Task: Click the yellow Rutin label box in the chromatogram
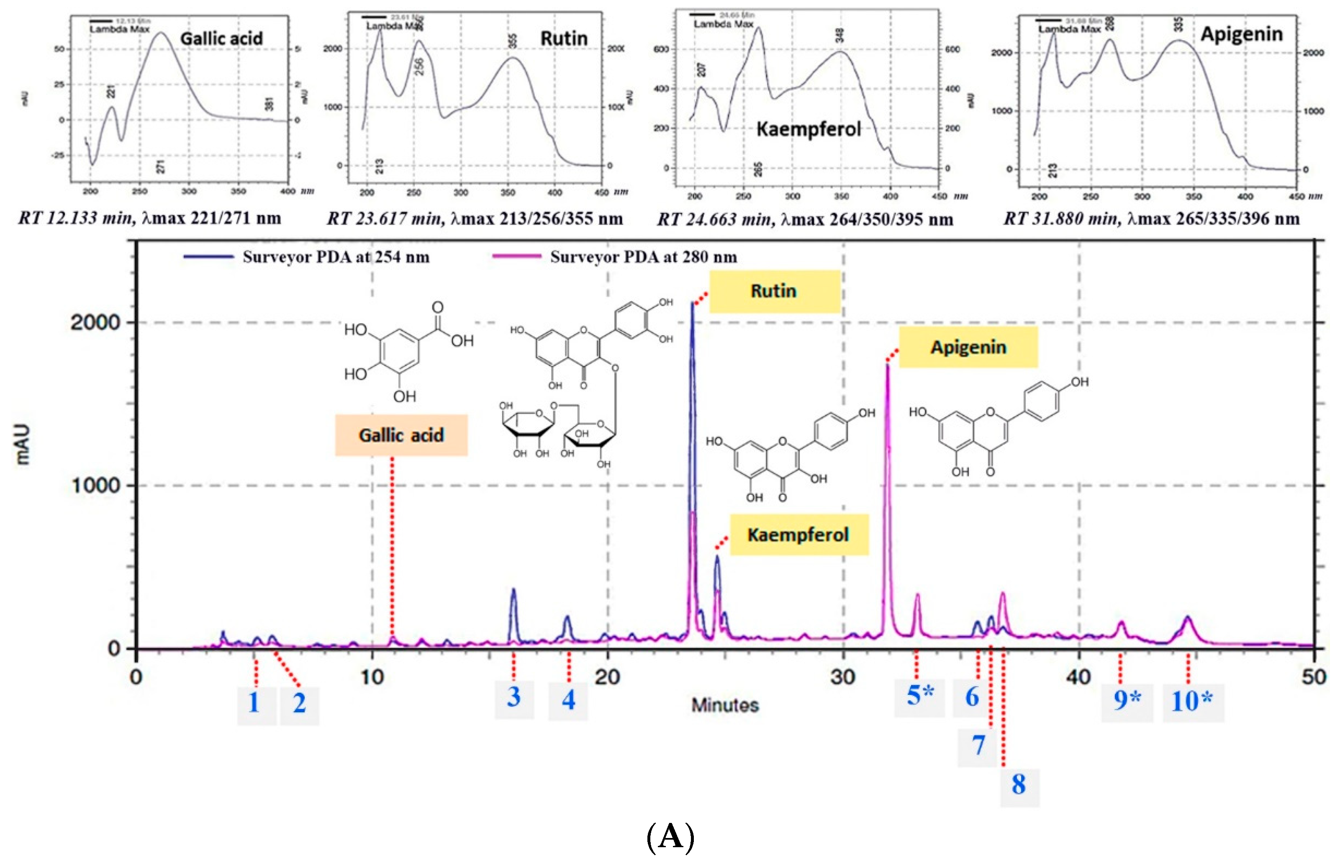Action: tap(775, 291)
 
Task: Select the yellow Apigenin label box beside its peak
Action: tap(968, 347)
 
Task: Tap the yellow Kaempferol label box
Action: tap(799, 535)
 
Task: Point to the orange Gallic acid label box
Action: tap(401, 435)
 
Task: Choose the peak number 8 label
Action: tap(1019, 785)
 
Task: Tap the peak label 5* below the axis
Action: tap(919, 696)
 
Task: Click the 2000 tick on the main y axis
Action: tap(95, 323)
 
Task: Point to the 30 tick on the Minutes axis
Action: tap(843, 677)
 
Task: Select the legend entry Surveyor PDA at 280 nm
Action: tap(643, 257)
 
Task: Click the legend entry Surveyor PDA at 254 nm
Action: tap(336, 257)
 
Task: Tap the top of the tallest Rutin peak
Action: tap(692, 303)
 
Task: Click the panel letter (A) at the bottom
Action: tap(670, 837)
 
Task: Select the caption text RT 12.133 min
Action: tap(76, 218)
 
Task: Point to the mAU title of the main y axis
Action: tap(22, 445)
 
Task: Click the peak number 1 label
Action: tap(254, 703)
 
